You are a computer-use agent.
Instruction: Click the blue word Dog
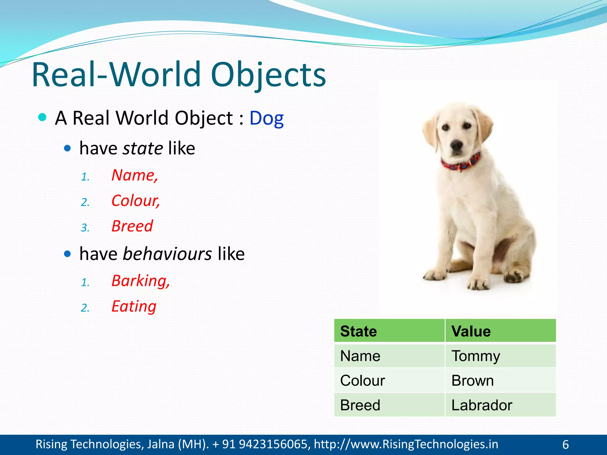[x=266, y=118]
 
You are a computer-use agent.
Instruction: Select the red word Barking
[x=140, y=281]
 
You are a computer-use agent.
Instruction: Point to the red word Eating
[x=134, y=306]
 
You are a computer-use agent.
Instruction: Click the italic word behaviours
[x=167, y=254]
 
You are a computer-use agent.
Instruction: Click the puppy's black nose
[x=456, y=145]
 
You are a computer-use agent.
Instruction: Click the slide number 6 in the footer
[x=566, y=445]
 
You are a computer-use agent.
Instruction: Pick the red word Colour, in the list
[x=135, y=201]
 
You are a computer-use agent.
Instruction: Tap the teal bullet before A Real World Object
[x=43, y=117]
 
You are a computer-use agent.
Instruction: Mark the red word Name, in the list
[x=135, y=175]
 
